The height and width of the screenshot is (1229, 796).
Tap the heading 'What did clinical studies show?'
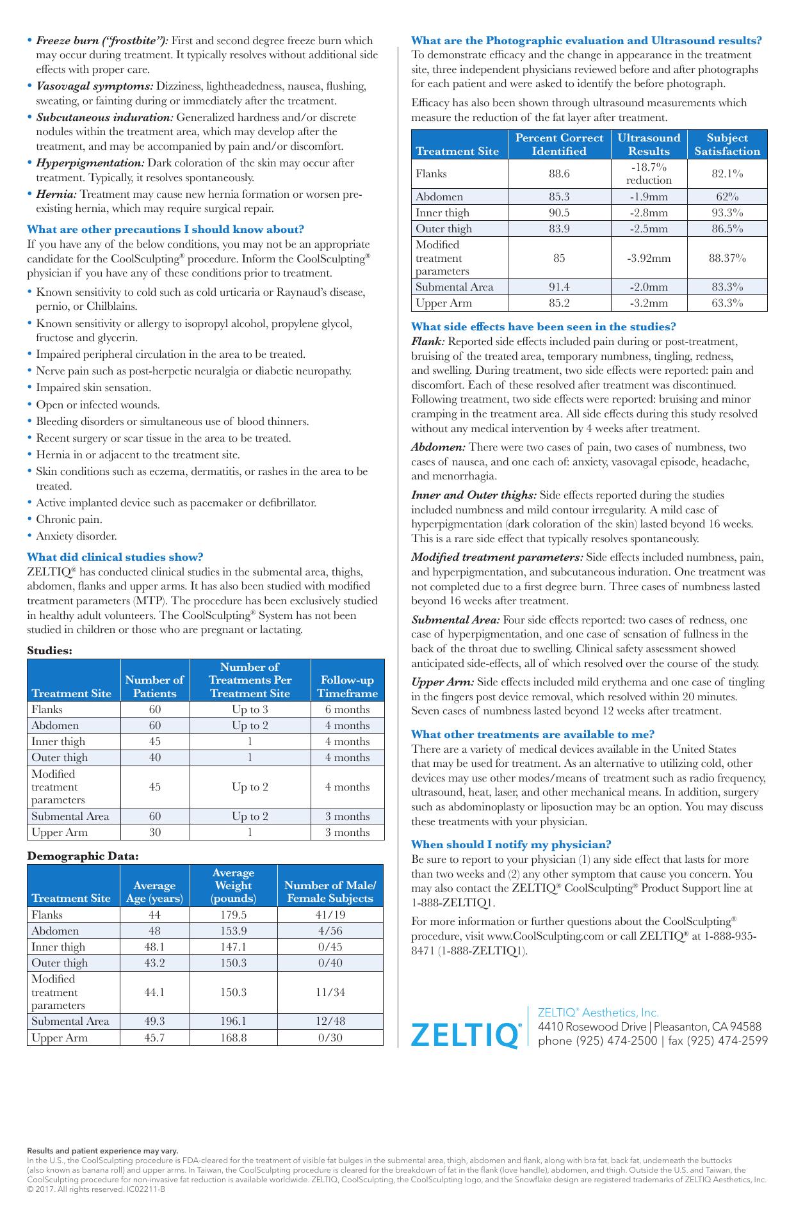(x=115, y=557)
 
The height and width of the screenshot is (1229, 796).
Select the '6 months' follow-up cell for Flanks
(x=347, y=709)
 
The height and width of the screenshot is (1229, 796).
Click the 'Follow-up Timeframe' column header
(x=347, y=687)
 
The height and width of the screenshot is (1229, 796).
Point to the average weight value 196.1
(x=233, y=1021)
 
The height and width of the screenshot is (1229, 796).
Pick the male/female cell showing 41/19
(x=330, y=915)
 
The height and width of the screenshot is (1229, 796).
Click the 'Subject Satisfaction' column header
(x=727, y=145)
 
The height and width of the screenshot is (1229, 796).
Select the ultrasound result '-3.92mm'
(x=649, y=259)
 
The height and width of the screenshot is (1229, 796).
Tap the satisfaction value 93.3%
(x=727, y=213)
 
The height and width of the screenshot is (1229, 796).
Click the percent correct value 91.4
(x=559, y=287)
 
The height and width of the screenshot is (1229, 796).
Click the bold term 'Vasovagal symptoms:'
(x=94, y=86)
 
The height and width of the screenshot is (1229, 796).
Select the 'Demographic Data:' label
(x=83, y=856)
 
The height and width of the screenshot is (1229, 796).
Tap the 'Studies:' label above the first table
(x=49, y=650)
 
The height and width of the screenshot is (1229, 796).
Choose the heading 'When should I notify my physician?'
(x=511, y=844)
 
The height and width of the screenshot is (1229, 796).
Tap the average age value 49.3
(x=154, y=1021)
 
